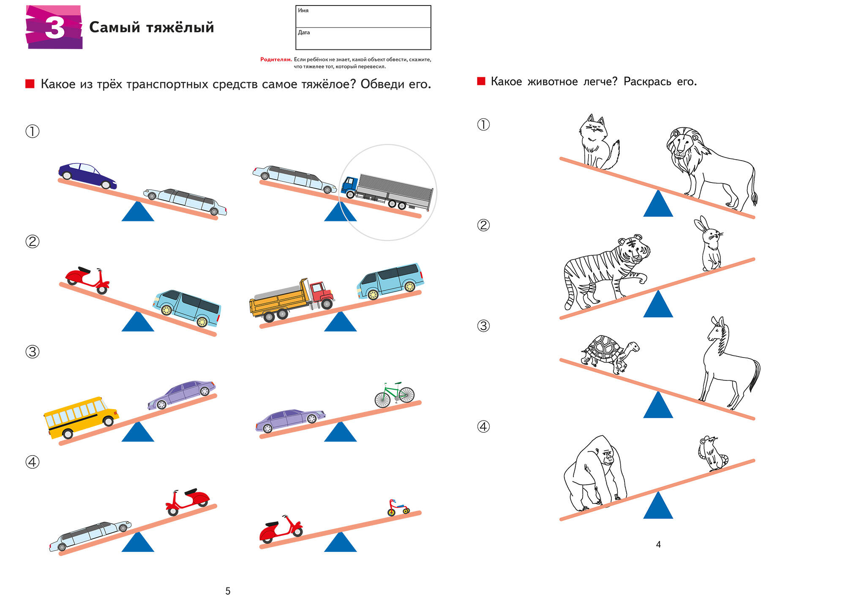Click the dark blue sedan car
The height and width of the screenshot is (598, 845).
87,175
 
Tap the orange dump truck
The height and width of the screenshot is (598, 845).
292,300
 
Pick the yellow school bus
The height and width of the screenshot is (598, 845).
81,417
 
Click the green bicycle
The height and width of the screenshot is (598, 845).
395,395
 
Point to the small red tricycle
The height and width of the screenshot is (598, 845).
398,508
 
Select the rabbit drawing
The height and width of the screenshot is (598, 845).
709,244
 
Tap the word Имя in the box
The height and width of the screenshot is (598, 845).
303,11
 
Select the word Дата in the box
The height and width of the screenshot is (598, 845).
304,33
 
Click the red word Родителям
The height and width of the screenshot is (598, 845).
276,60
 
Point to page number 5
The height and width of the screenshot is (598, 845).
228,591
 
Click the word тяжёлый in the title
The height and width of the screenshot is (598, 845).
180,27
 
